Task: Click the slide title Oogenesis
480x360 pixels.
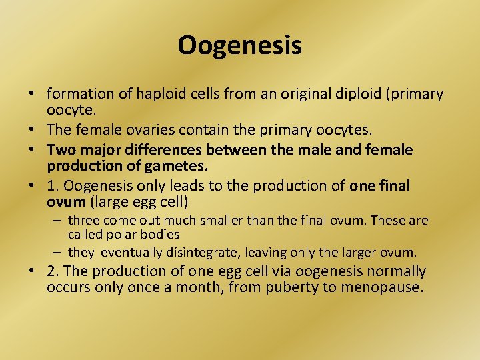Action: (239, 45)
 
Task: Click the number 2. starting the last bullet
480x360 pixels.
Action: (53, 271)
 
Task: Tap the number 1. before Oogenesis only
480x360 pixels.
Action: (53, 185)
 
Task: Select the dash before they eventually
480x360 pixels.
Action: (59, 253)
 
